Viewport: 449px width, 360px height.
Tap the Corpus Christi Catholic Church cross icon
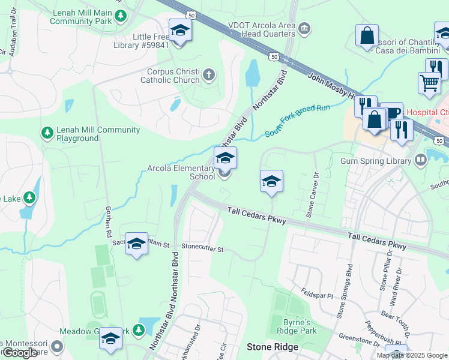click(208, 75)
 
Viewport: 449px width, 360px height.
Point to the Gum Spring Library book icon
click(421, 160)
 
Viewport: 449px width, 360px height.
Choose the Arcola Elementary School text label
click(181, 173)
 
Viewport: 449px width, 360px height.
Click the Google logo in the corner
click(20, 353)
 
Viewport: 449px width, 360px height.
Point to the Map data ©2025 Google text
click(411, 355)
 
